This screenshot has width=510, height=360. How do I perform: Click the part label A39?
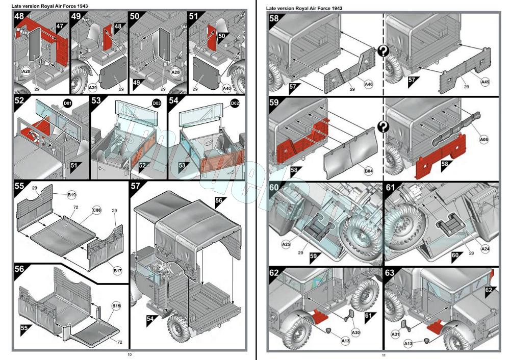(x=93, y=88)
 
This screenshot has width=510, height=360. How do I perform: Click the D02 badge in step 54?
(x=235, y=104)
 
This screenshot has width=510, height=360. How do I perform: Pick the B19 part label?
(x=72, y=194)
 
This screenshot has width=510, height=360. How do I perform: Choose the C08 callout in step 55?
(x=96, y=209)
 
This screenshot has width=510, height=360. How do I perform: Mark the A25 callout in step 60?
(x=286, y=245)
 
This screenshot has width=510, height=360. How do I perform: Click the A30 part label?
(x=356, y=332)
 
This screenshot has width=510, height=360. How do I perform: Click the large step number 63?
(x=390, y=273)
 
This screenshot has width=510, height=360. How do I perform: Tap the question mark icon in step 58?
(x=382, y=51)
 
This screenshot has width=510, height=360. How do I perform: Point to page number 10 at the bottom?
(x=130, y=354)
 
